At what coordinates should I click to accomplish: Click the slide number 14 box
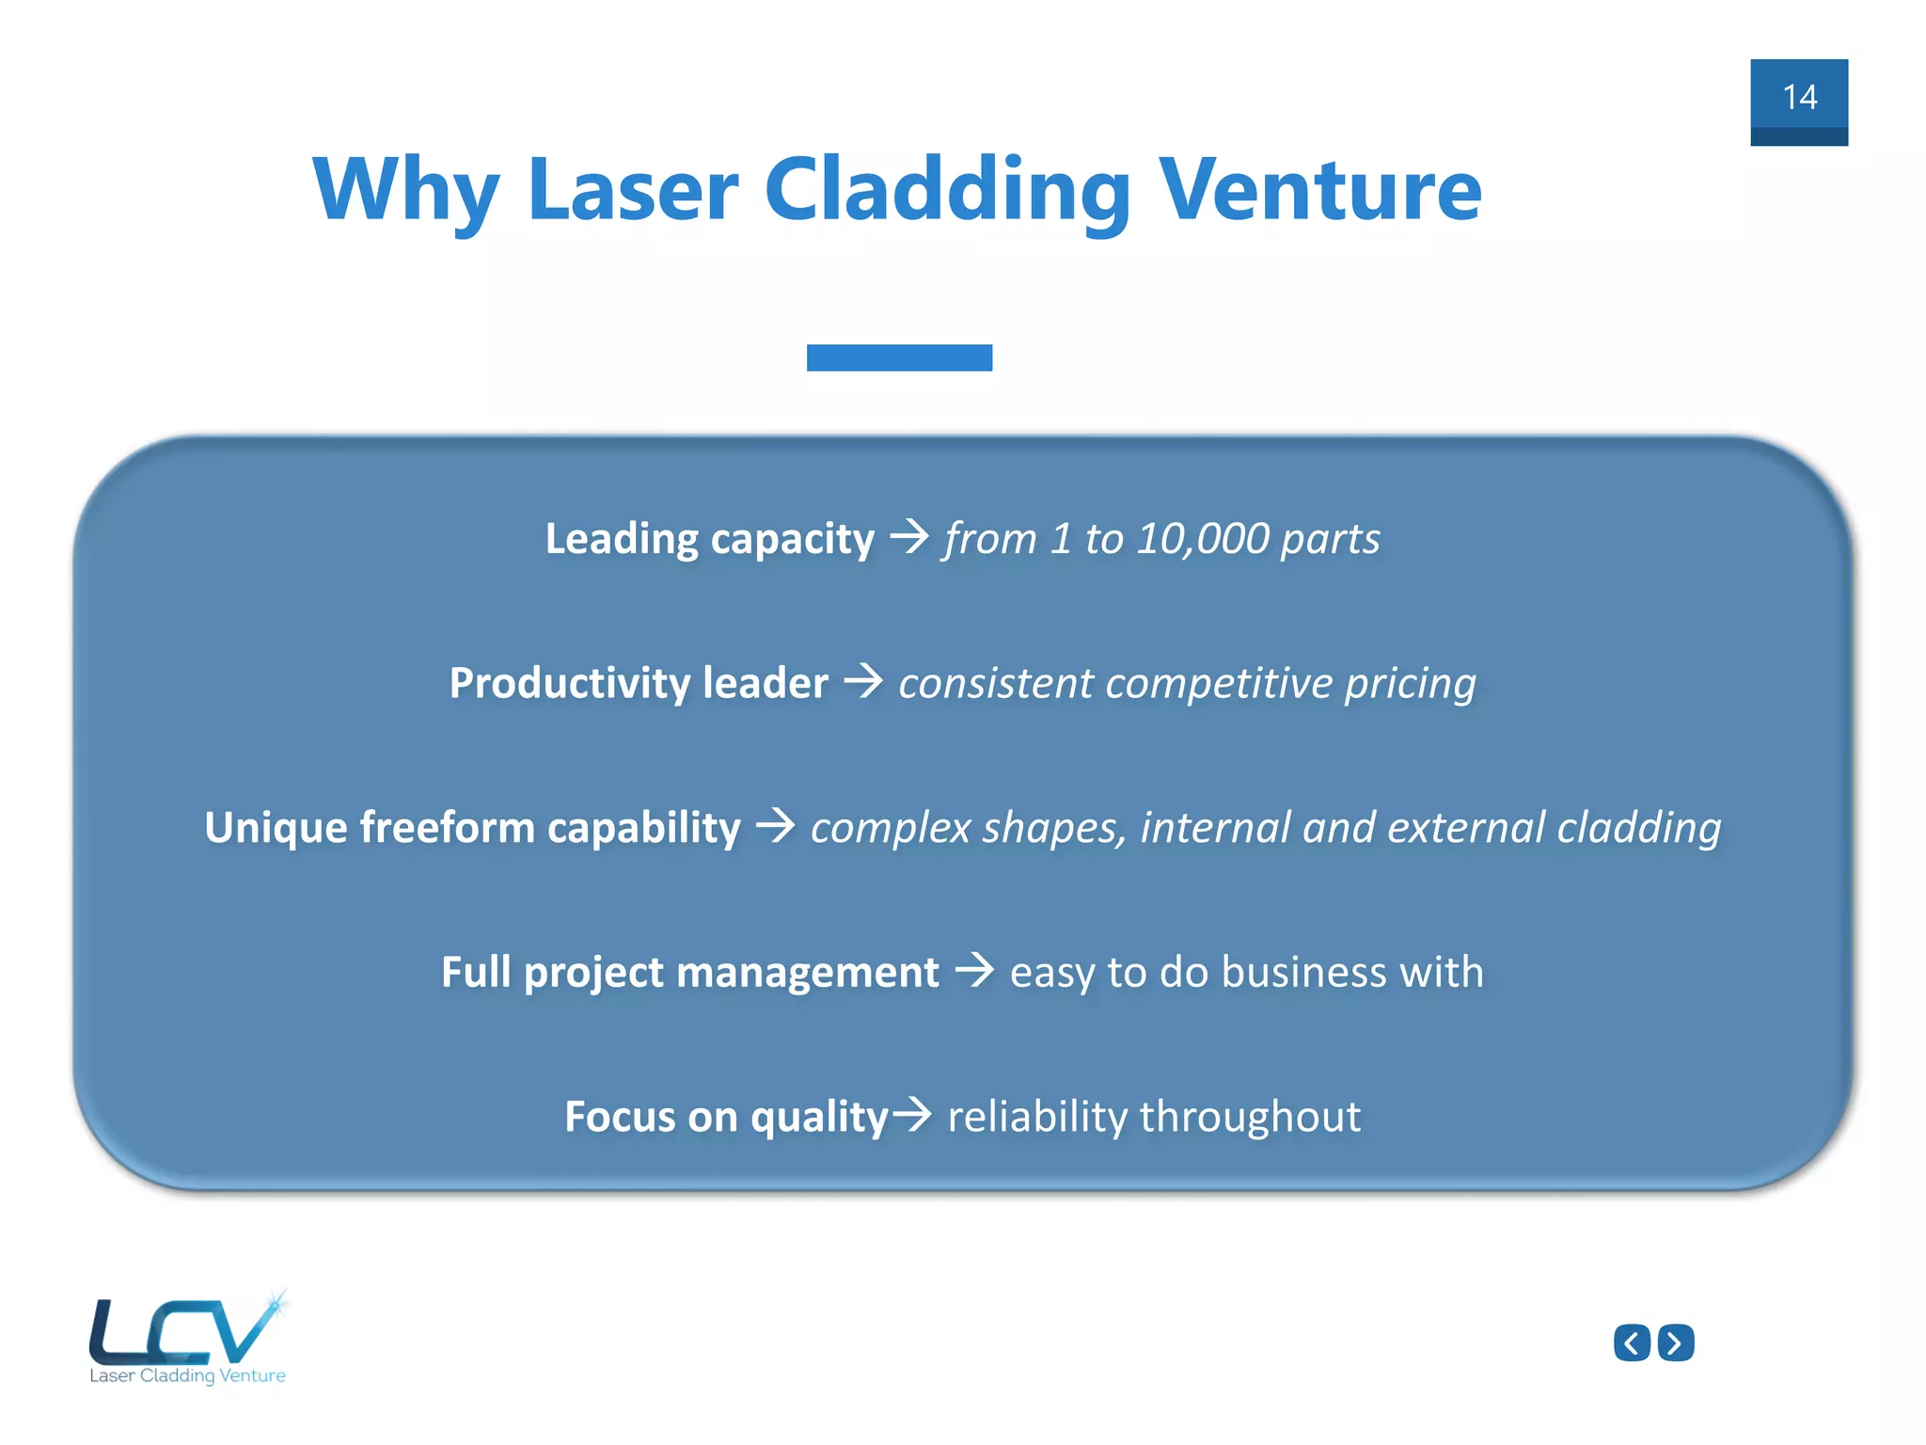click(x=1798, y=102)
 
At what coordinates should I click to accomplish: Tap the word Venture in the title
click(x=1319, y=191)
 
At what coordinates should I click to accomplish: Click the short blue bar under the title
click(x=899, y=357)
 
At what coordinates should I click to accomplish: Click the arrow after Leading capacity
click(x=909, y=537)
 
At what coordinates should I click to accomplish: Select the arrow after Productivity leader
click(x=863, y=681)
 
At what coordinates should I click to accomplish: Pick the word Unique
click(x=276, y=828)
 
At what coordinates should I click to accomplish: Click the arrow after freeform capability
click(x=776, y=825)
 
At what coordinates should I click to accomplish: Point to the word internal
click(x=1215, y=828)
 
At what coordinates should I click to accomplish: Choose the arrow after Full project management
click(x=974, y=970)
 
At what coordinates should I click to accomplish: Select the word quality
click(x=819, y=1119)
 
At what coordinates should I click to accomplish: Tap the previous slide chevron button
click(x=1632, y=1342)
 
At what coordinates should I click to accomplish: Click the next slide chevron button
click(x=1676, y=1342)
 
